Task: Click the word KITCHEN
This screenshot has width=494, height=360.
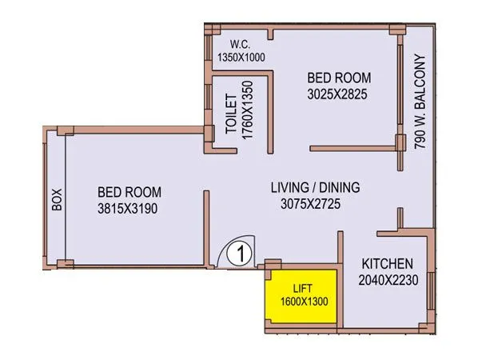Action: pyautogui.click(x=387, y=264)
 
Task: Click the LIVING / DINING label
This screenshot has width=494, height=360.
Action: pyautogui.click(x=315, y=188)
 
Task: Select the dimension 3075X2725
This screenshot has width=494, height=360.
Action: pyautogui.click(x=315, y=204)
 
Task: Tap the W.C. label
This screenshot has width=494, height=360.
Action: pyautogui.click(x=241, y=44)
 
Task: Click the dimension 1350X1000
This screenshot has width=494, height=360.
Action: pyautogui.click(x=241, y=58)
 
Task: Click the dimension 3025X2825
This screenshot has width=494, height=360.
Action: pyautogui.click(x=341, y=94)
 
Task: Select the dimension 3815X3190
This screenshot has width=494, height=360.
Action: pyautogui.click(x=129, y=208)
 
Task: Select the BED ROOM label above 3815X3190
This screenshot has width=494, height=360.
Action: pyautogui.click(x=129, y=192)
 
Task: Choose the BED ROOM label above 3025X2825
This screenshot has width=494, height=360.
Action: pyautogui.click(x=341, y=78)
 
